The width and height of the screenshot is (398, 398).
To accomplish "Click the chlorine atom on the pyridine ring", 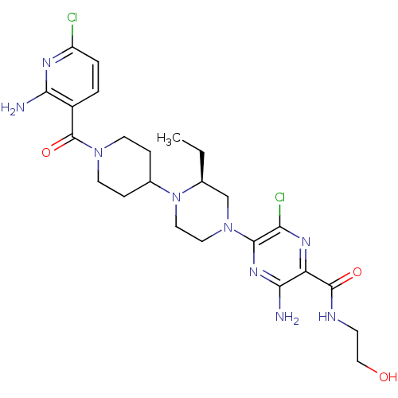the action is click(x=72, y=18).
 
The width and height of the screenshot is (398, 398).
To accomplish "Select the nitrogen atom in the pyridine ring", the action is click(x=46, y=63).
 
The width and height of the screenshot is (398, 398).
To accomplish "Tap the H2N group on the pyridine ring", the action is click(x=13, y=108).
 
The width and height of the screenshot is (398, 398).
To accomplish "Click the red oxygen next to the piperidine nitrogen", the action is click(x=46, y=153).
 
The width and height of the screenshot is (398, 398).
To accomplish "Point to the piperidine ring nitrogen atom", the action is click(x=98, y=153).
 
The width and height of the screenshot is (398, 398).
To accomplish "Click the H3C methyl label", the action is click(x=169, y=139).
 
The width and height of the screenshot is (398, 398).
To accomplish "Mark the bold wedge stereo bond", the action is click(x=202, y=166).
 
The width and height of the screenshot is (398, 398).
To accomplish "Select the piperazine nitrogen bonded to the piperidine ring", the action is click(x=176, y=197).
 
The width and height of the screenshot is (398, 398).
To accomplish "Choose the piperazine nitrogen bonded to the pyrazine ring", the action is click(x=228, y=228).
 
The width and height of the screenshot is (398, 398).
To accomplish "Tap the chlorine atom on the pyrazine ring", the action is click(x=280, y=197).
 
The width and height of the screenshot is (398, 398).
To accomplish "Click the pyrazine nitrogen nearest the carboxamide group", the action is click(x=306, y=242).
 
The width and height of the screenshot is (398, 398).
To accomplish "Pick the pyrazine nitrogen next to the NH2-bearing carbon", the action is click(x=254, y=272).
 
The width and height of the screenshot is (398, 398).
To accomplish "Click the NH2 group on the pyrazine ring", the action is click(x=287, y=317).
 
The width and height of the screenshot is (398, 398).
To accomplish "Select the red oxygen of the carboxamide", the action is click(x=357, y=272).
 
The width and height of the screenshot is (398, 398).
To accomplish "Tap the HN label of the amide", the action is click(x=327, y=317).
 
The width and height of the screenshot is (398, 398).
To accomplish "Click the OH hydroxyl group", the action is click(x=388, y=377).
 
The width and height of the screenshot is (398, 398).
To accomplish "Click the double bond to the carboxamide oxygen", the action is click(x=341, y=279).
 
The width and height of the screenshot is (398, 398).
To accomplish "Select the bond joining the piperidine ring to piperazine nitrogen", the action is click(x=160, y=188).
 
